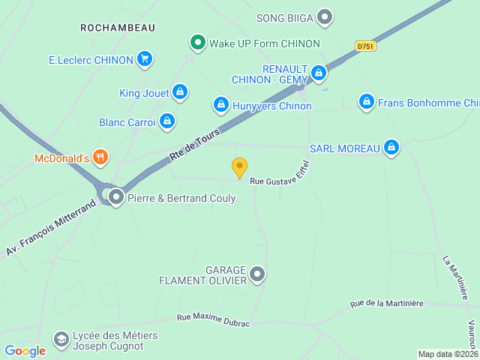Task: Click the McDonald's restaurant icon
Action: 100,157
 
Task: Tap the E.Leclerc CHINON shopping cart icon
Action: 145,59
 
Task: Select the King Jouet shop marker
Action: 179,92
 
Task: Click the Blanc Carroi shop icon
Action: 166,121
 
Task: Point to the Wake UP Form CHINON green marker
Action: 197,43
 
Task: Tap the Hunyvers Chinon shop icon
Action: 220,105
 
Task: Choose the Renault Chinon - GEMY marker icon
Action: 319,73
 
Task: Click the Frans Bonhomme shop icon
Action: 366,102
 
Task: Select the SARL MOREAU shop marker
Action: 391,148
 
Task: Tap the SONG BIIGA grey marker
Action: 325,16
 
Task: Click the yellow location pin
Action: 239,167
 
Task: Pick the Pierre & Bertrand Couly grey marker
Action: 116,198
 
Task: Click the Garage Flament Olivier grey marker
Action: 257,274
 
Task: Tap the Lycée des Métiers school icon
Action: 61,340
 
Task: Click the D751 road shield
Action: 365,46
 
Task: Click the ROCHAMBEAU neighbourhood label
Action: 118,28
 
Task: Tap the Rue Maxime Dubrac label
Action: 213,319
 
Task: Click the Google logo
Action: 25,350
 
